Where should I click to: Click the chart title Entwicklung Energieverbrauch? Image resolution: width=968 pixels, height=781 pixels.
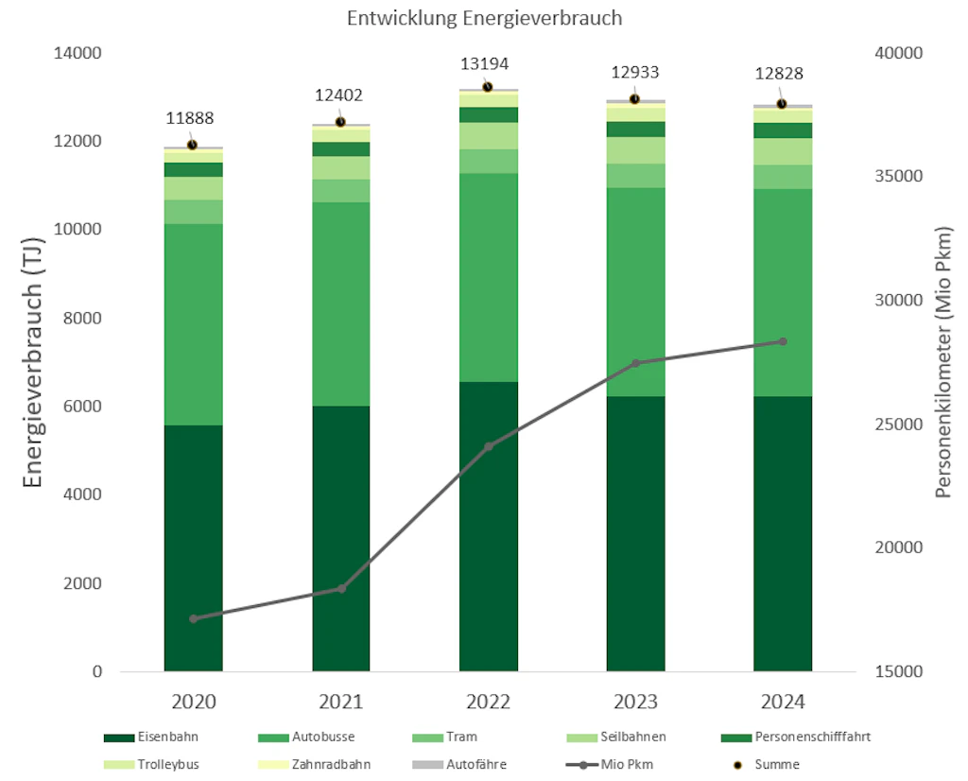point(484,19)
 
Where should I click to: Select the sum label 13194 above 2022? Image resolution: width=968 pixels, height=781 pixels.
point(485,64)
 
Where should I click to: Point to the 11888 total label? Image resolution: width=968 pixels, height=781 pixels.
point(190,119)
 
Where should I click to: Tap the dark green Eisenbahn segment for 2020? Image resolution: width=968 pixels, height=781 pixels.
point(193,548)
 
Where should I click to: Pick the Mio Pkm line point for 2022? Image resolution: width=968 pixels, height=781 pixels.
point(489,446)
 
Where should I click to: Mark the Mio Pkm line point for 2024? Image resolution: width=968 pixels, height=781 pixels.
point(783,341)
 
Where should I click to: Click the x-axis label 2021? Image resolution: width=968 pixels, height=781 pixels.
point(340,703)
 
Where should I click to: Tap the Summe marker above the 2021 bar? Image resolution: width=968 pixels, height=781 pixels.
point(340,122)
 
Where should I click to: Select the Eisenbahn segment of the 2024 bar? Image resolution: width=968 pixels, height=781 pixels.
point(783,534)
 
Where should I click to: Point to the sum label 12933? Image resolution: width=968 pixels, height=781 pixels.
point(634,73)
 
